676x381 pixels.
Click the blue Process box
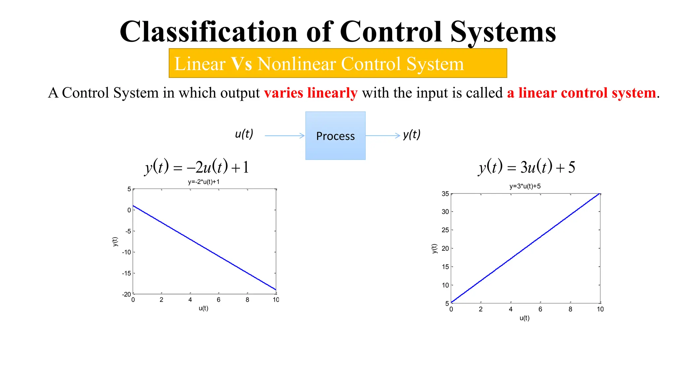[335, 136]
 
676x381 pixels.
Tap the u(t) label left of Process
[244, 134]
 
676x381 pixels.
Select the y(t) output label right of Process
[412, 135]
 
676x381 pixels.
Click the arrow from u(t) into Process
[285, 136]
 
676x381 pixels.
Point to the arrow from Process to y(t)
[383, 136]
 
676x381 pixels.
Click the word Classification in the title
[209, 32]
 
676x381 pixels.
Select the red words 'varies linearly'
[310, 93]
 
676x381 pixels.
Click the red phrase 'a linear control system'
[581, 93]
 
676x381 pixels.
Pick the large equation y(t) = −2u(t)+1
[197, 167]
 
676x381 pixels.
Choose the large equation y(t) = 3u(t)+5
[527, 167]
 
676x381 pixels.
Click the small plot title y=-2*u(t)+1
[204, 182]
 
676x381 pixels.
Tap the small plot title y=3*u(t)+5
[525, 186]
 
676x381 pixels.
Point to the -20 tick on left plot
[126, 294]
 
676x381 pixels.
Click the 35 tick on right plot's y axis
[445, 194]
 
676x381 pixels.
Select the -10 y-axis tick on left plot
[126, 252]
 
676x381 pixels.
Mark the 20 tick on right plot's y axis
[445, 248]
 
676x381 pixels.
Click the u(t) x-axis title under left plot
[203, 308]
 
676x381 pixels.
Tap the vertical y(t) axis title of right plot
[434, 248]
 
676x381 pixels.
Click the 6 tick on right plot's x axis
[540, 309]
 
